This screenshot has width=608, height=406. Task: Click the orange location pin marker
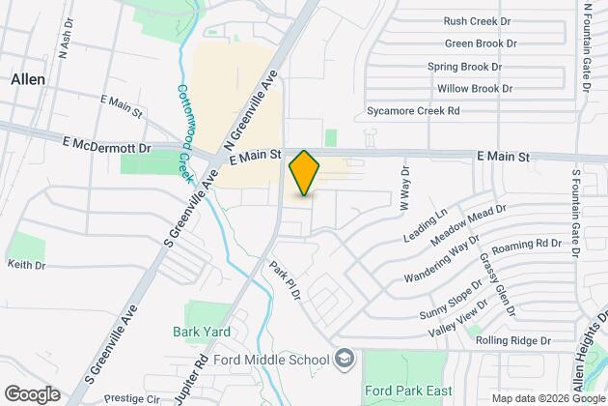click(x=304, y=173)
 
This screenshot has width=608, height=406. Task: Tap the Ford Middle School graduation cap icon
click(x=345, y=361)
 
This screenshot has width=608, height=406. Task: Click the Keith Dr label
click(x=27, y=264)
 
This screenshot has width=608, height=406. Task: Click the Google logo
click(x=31, y=393)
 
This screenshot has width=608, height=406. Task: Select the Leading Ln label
click(x=428, y=225)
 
